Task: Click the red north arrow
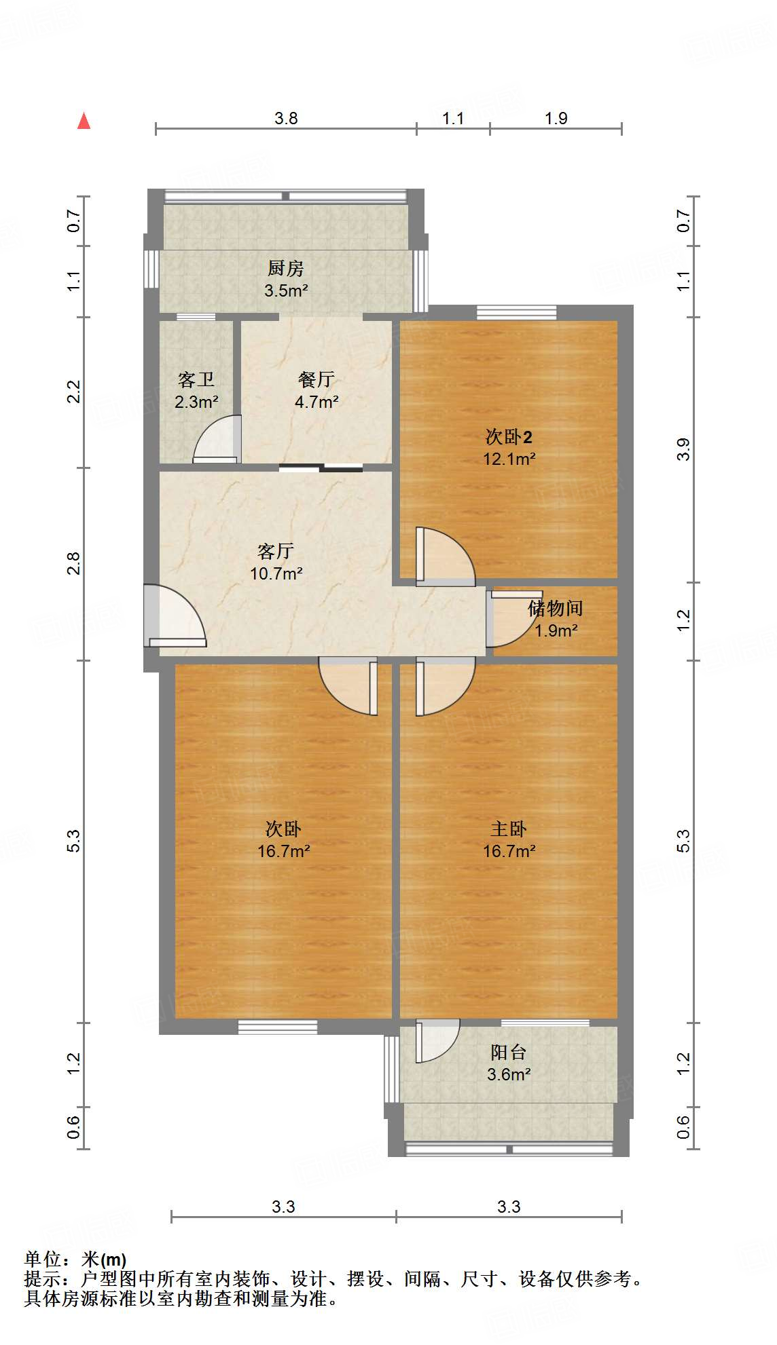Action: (x=84, y=121)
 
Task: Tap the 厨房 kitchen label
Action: (x=285, y=269)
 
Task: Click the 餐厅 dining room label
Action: (x=316, y=379)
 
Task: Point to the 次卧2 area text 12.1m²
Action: (x=509, y=459)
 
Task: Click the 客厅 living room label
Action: (x=276, y=551)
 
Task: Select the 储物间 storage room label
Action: (x=555, y=608)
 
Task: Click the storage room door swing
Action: (x=506, y=619)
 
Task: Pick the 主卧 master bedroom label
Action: (x=509, y=829)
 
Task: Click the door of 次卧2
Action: (x=444, y=556)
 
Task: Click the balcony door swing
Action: (x=436, y=1040)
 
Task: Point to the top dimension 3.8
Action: (x=286, y=118)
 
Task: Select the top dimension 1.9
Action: (x=556, y=118)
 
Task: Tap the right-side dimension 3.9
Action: (x=683, y=449)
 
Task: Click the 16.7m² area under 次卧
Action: (x=284, y=851)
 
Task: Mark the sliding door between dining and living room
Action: (x=321, y=467)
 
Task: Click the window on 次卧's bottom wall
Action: (x=278, y=1027)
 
